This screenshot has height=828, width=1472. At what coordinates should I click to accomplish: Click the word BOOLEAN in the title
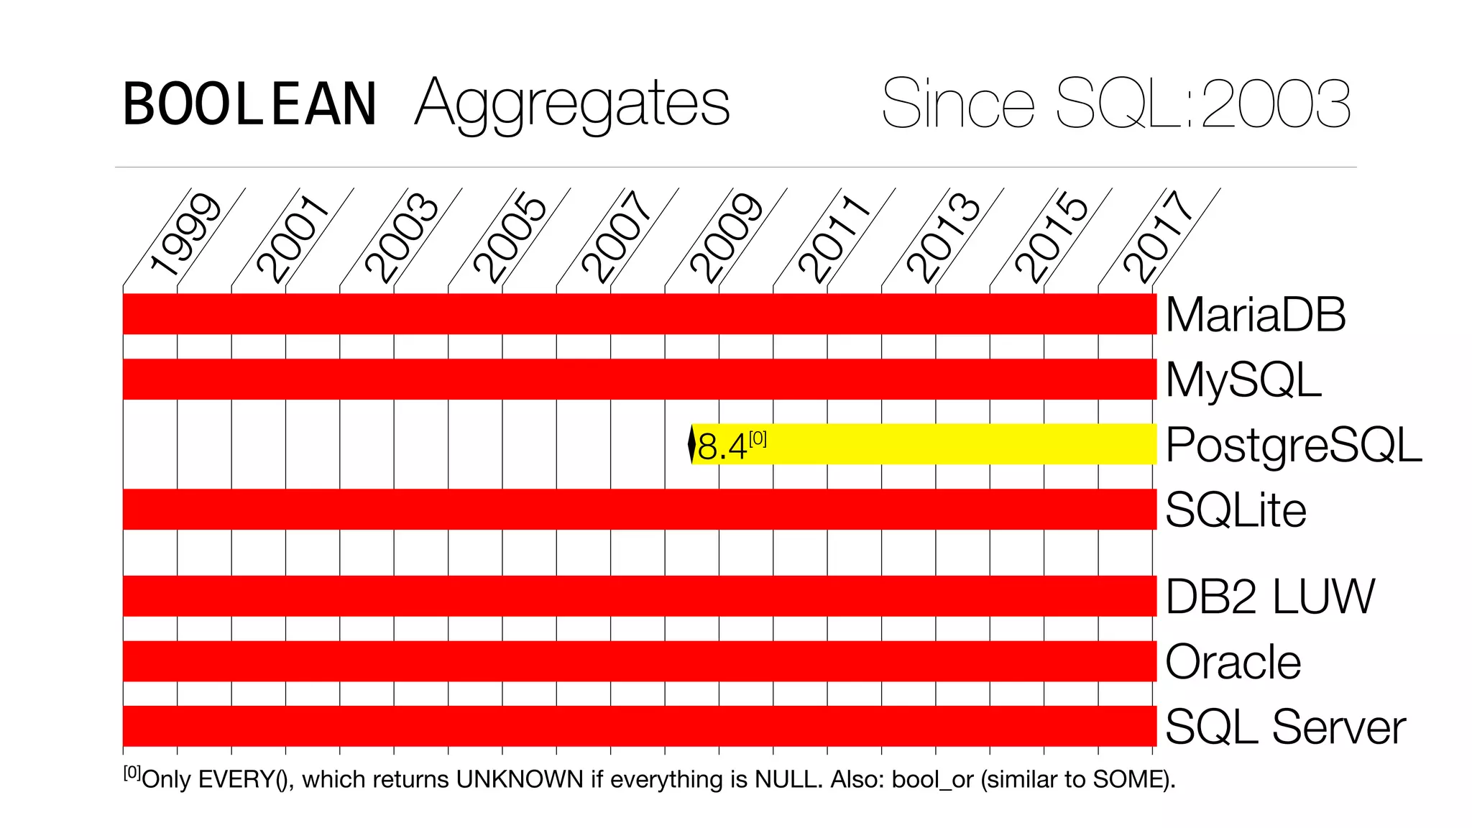click(249, 104)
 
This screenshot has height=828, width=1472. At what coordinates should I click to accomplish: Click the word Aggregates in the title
click(572, 104)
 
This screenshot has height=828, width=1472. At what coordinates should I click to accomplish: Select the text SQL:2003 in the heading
click(1204, 104)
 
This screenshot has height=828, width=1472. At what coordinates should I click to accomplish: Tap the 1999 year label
click(185, 236)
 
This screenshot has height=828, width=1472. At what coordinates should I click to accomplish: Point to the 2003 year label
click(401, 237)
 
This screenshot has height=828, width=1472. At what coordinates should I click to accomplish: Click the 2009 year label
click(726, 237)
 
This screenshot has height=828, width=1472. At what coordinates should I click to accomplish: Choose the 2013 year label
click(943, 237)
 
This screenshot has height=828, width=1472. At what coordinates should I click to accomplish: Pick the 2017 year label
click(1159, 237)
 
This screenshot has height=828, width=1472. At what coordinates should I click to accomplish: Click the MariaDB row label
click(1255, 315)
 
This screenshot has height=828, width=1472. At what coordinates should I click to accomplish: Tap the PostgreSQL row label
click(1293, 445)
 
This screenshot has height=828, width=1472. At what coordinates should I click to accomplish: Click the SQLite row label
click(1236, 510)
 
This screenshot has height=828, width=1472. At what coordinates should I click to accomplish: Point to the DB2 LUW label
click(1269, 597)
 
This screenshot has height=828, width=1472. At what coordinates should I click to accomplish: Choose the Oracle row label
click(1233, 661)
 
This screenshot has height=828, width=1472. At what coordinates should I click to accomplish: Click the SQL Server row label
click(1284, 727)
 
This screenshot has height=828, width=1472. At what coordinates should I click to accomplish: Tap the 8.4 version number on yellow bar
click(722, 447)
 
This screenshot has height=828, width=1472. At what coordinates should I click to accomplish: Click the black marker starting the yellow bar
click(691, 444)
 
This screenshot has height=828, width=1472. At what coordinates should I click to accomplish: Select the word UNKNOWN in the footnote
click(520, 779)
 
